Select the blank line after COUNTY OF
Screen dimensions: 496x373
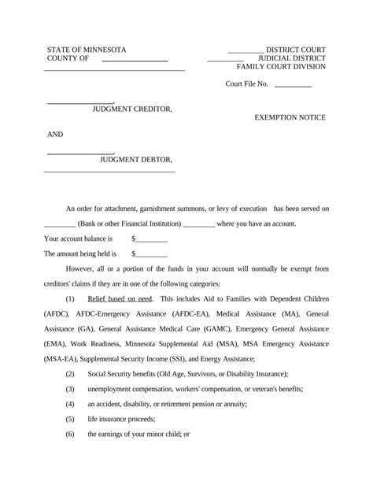[135, 60]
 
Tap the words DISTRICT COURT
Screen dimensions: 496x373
[296, 50]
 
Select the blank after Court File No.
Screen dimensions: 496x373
[293, 84]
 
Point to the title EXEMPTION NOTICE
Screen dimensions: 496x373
[290, 117]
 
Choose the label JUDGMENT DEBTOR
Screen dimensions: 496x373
[135, 160]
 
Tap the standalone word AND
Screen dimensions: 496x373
[55, 135]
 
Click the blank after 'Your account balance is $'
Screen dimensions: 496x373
[152, 239]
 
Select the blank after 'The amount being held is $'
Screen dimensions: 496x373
[152, 254]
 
